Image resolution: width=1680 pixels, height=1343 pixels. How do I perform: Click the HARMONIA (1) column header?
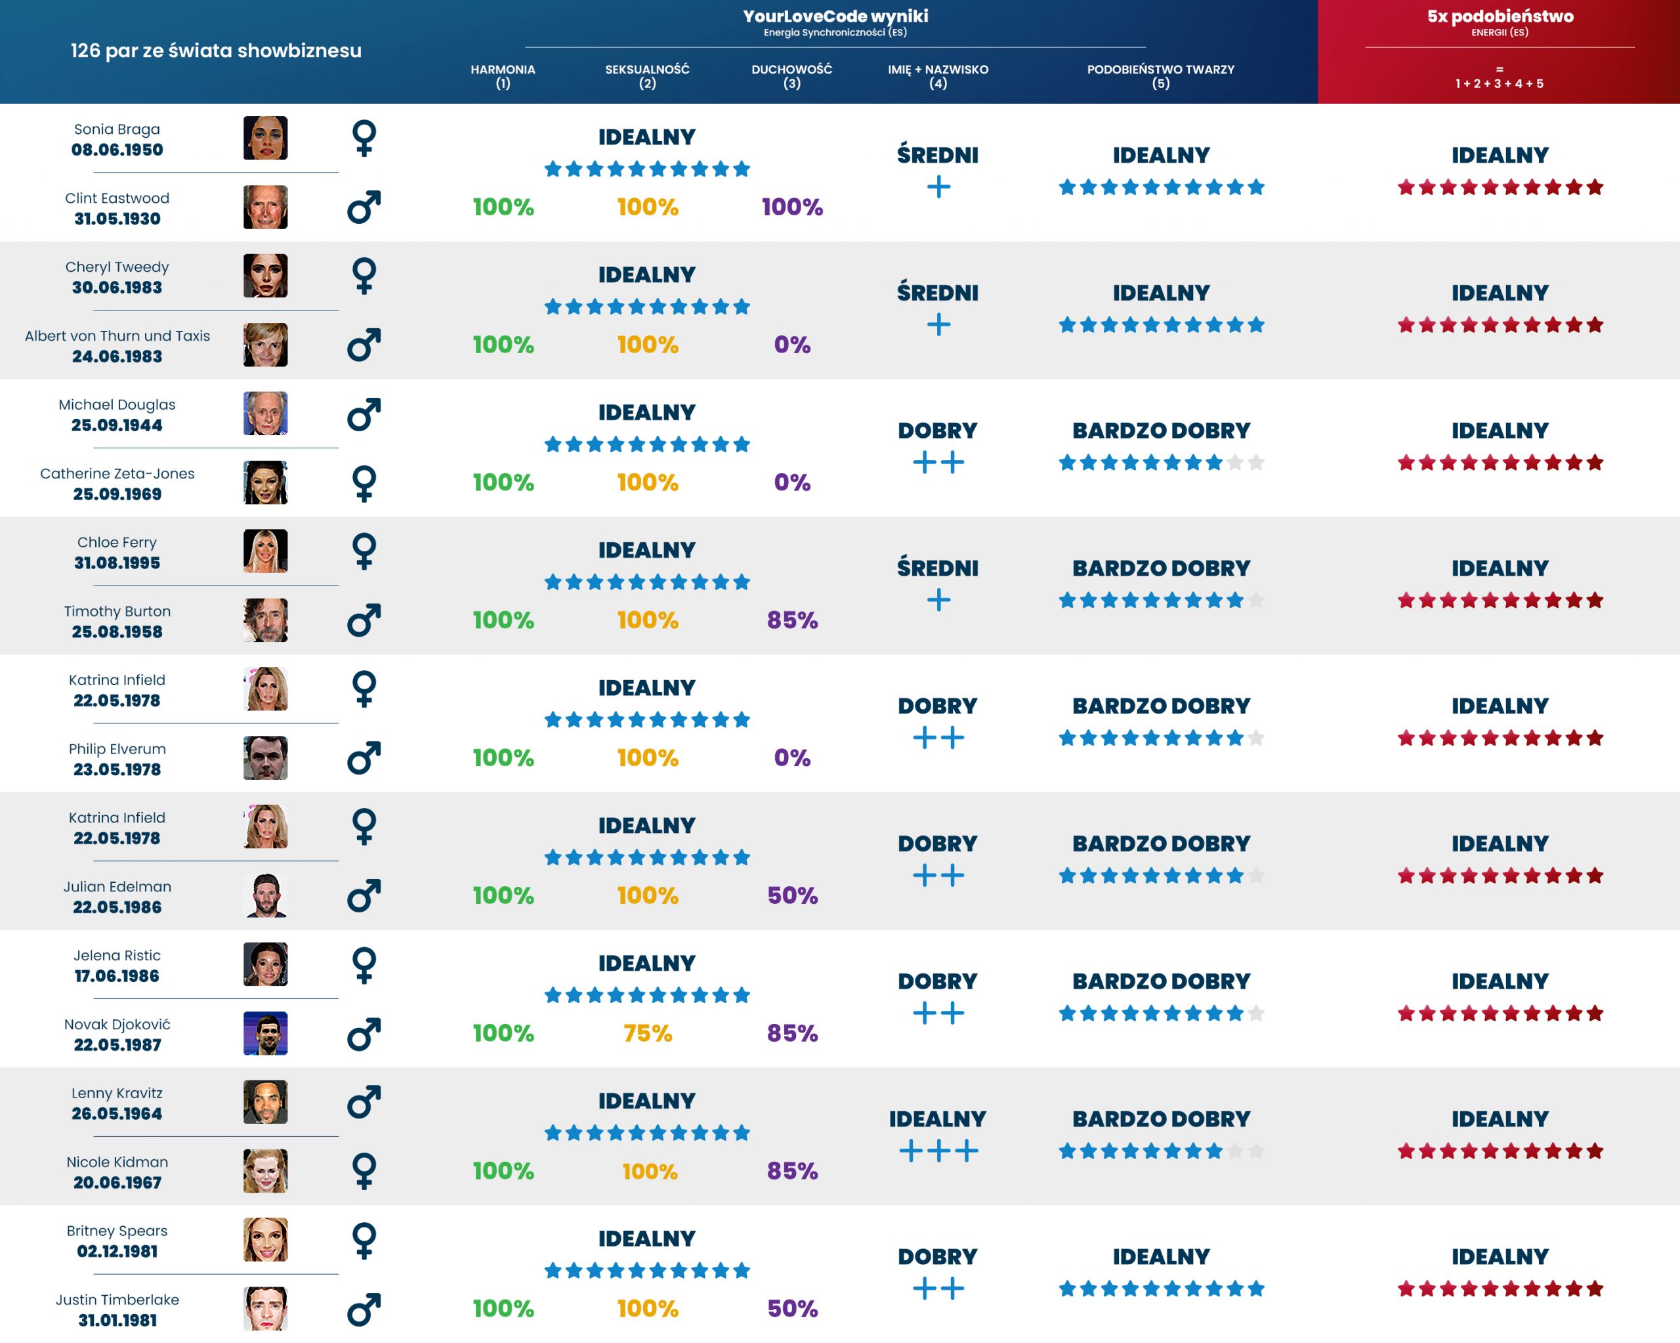tap(503, 75)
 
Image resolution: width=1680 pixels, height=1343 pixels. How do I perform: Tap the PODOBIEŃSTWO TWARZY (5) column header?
tap(1160, 75)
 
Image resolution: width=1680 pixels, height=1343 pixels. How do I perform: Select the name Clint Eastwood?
tap(117, 198)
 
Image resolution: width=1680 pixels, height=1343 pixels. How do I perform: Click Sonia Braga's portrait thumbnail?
tap(265, 138)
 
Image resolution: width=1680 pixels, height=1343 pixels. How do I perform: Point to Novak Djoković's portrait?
tap(265, 1033)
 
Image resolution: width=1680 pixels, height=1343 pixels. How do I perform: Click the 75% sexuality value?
tap(648, 1033)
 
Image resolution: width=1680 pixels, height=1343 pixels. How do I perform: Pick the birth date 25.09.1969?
tap(117, 494)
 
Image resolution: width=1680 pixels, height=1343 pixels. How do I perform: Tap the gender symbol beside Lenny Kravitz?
tap(364, 1102)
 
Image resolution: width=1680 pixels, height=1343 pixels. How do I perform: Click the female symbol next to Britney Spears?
tap(364, 1240)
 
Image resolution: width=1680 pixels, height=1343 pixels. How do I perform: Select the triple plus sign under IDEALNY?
tap(938, 1151)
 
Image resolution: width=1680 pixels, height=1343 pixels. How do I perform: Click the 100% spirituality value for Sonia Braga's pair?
tap(791, 207)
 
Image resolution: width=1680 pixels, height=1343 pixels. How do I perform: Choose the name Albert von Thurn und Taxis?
tap(117, 336)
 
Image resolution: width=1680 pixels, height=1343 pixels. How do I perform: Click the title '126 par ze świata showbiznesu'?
tap(216, 51)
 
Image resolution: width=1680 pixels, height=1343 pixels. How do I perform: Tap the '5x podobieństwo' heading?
tap(1500, 16)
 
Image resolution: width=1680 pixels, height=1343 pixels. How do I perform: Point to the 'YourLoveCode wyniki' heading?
tap(835, 16)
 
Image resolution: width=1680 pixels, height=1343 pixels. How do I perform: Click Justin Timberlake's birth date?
tap(117, 1321)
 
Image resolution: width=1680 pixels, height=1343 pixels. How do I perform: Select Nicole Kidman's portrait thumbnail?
tap(265, 1171)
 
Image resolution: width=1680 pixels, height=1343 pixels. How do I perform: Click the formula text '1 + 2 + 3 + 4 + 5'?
tap(1500, 83)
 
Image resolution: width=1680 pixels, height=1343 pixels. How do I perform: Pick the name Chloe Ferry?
tap(117, 542)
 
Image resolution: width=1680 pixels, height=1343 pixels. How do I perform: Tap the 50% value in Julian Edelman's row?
tap(791, 895)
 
